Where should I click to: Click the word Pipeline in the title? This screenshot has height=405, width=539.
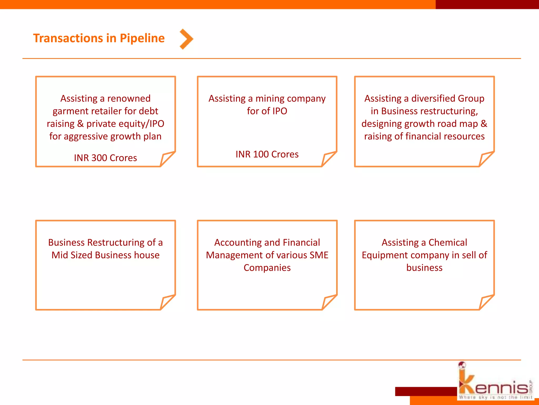pyautogui.click(x=142, y=38)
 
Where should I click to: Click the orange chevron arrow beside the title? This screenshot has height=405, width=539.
pyautogui.click(x=186, y=39)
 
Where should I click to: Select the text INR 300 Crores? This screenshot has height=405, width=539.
pyautogui.click(x=105, y=158)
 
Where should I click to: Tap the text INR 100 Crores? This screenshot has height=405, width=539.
pyautogui.click(x=267, y=154)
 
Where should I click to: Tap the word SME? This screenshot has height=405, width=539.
pyautogui.click(x=319, y=255)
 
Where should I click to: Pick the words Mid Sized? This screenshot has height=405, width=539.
pyautogui.click(x=72, y=255)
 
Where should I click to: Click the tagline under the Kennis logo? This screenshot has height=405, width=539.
pyautogui.click(x=495, y=397)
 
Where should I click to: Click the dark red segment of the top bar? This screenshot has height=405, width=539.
pyautogui.click(x=487, y=4)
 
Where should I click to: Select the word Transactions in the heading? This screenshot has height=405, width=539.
pyautogui.click(x=68, y=38)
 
